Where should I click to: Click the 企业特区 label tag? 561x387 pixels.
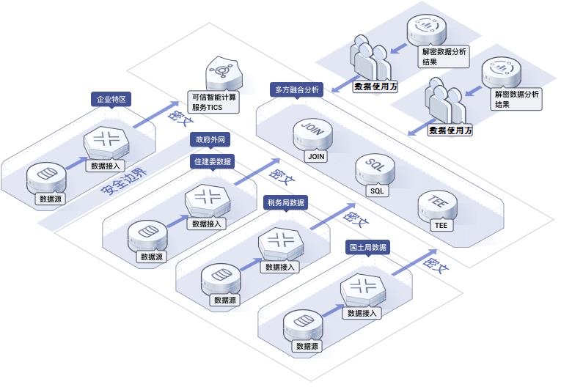[111, 99]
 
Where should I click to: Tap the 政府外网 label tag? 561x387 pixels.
[210, 139]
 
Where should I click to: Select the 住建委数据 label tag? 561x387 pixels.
[212, 162]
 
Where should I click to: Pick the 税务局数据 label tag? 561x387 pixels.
[285, 203]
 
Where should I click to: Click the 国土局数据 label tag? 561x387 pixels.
[368, 247]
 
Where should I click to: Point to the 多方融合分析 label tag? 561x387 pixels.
[296, 89]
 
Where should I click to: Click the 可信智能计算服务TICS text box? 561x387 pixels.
[213, 102]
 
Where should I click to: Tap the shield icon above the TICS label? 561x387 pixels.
[224, 73]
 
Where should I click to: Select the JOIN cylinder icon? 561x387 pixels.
[312, 134]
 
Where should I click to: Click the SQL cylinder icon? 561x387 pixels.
[375, 169]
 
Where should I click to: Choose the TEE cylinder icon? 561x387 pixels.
[437, 206]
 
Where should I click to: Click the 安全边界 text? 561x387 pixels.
[124, 181]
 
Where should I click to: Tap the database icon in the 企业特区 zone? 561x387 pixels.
[46, 178]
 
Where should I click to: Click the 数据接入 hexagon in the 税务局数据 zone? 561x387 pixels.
[281, 244]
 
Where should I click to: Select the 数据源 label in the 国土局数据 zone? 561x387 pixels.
[307, 346]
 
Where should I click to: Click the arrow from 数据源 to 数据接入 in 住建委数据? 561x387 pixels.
[177, 221]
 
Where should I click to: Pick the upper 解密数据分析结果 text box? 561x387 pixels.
[444, 56]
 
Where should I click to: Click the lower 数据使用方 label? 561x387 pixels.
[450, 130]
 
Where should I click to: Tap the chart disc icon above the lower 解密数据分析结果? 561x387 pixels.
[501, 73]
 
